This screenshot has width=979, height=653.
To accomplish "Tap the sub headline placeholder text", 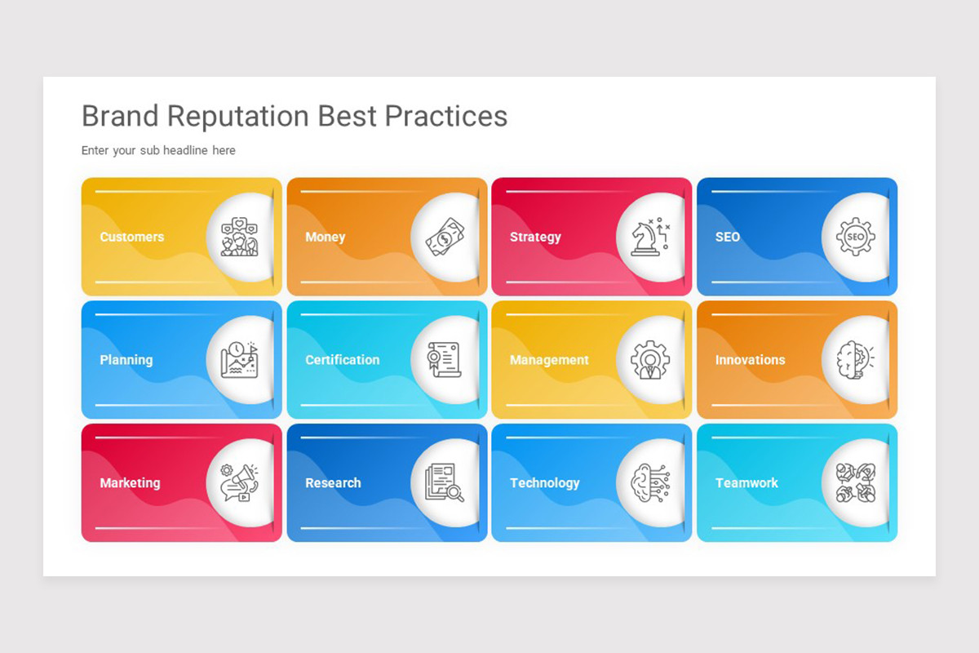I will [158, 150].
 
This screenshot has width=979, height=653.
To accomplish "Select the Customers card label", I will [131, 237].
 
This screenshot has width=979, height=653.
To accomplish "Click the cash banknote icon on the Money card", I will [445, 238].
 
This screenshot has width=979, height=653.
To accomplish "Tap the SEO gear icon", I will [855, 238].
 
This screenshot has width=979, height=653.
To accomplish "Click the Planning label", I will [126, 360].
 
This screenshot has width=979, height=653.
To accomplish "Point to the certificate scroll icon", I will [445, 360].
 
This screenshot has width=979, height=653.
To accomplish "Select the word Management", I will [549, 360].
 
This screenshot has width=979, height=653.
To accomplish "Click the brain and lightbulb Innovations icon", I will [854, 360].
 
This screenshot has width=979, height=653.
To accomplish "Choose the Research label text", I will [333, 483].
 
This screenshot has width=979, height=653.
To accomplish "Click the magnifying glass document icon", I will [445, 482].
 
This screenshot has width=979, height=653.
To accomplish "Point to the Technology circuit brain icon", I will [650, 482].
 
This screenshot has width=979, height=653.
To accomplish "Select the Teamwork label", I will [746, 483].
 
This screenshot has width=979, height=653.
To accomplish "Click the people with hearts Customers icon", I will [239, 237].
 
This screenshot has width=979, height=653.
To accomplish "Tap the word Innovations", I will [750, 360].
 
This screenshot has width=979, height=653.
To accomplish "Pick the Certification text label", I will [342, 360].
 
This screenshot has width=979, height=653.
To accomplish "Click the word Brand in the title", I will [121, 117].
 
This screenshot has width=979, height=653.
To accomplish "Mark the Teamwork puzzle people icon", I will [855, 482].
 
